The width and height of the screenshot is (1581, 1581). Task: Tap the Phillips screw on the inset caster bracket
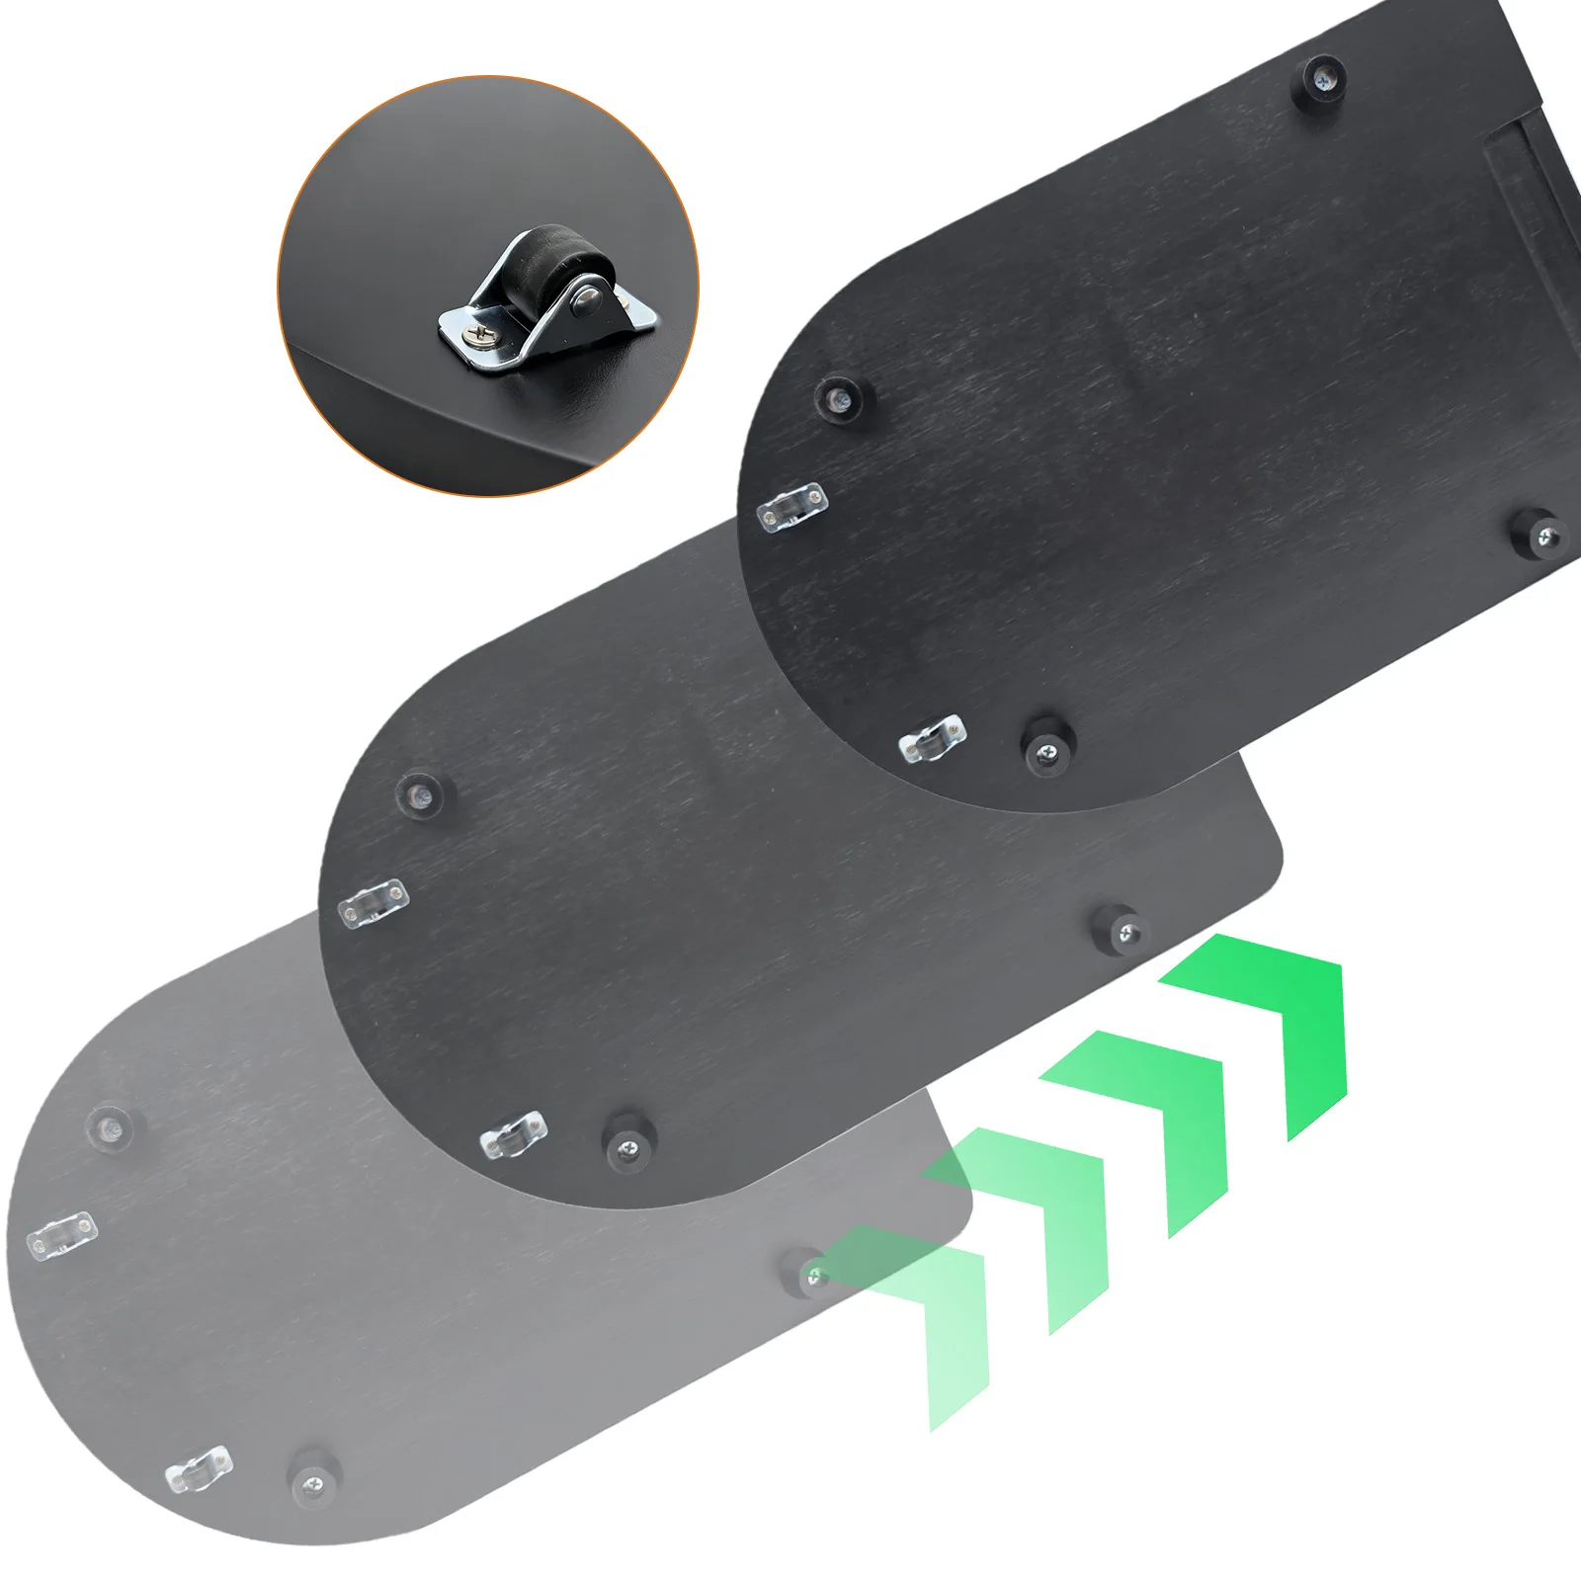[480, 338]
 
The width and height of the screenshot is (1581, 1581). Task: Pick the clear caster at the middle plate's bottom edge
[513, 1135]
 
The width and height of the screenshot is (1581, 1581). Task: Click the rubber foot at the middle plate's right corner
[1123, 928]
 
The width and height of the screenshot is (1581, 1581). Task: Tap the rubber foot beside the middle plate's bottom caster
[626, 1143]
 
